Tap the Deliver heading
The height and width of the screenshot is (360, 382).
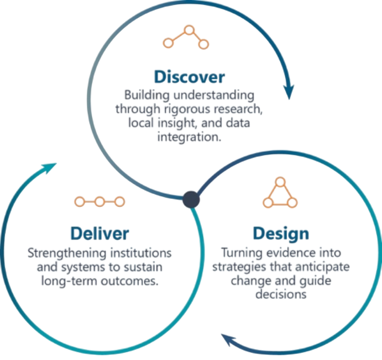pyautogui.click(x=100, y=232)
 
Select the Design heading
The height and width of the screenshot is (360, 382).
pyautogui.click(x=280, y=233)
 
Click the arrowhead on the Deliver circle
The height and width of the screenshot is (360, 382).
pyautogui.click(x=50, y=167)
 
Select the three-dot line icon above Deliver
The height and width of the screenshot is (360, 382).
pyautogui.click(x=100, y=202)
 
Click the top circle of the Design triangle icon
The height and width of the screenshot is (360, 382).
pyautogui.click(x=280, y=180)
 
